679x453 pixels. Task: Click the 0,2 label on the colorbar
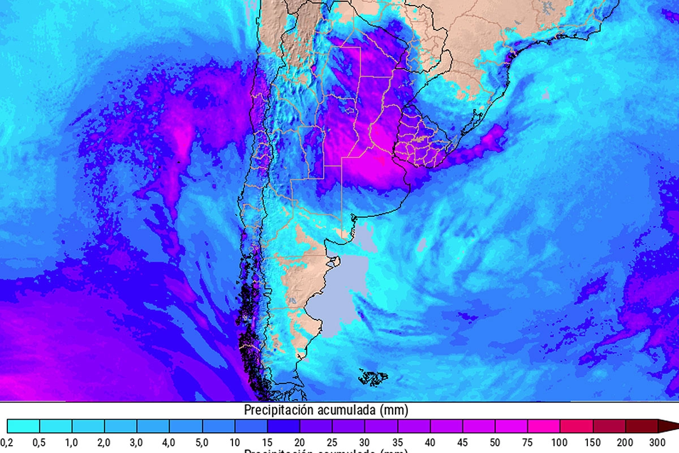pos(7,442)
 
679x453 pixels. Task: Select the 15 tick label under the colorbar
pos(267,442)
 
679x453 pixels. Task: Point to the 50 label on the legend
pos(495,442)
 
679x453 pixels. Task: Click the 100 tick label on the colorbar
pos(560,442)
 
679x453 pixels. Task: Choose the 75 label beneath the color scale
pos(528,442)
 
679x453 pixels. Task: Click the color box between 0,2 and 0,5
pos(23,426)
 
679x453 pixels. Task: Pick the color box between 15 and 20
pos(283,426)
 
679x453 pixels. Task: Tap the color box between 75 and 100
pos(544,426)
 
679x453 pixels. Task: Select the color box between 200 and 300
pos(642,426)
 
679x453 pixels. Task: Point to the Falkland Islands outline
pos(374,377)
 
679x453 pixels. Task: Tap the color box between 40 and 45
pos(446,426)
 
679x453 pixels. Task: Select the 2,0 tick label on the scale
pos(104,442)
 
